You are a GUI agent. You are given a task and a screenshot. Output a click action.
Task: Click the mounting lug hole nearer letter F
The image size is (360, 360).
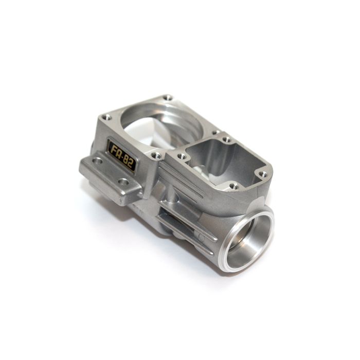click(97, 161)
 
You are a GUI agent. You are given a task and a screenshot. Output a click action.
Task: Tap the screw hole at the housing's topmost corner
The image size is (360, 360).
click(168, 97)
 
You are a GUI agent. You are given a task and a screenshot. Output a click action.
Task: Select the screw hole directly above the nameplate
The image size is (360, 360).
click(106, 117)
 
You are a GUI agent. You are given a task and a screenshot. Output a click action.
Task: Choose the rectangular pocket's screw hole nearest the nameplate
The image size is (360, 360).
click(181, 156)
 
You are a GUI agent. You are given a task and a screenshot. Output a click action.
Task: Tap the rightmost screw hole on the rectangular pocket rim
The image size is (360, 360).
click(263, 174)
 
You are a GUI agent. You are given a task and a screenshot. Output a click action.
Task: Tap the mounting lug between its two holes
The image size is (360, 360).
click(110, 171)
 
